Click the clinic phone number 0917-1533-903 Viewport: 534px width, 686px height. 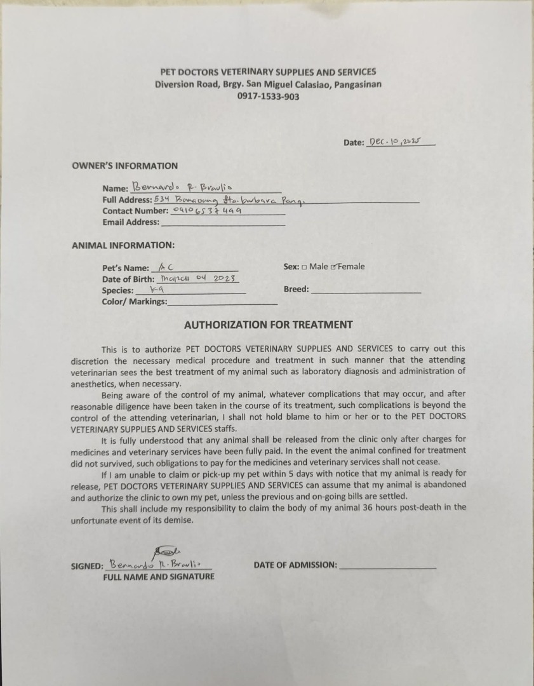268,97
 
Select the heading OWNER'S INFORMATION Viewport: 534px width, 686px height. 124,166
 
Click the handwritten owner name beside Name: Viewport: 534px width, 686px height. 182,187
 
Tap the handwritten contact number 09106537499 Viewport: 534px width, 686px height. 207,210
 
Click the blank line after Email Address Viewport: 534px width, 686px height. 223,223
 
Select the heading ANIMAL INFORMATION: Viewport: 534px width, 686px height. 123,245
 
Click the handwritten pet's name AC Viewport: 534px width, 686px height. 166,268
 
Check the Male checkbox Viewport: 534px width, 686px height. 304,267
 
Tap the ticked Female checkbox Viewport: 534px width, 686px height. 334,267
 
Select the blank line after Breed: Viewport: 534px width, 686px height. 366,290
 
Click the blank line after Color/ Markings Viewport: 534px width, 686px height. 222,302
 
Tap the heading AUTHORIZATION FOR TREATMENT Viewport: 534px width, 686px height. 268,325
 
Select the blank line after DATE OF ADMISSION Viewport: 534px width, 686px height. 388,565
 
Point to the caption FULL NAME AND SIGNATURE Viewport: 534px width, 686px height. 159,577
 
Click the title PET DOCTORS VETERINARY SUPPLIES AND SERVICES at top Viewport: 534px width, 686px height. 268,72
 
